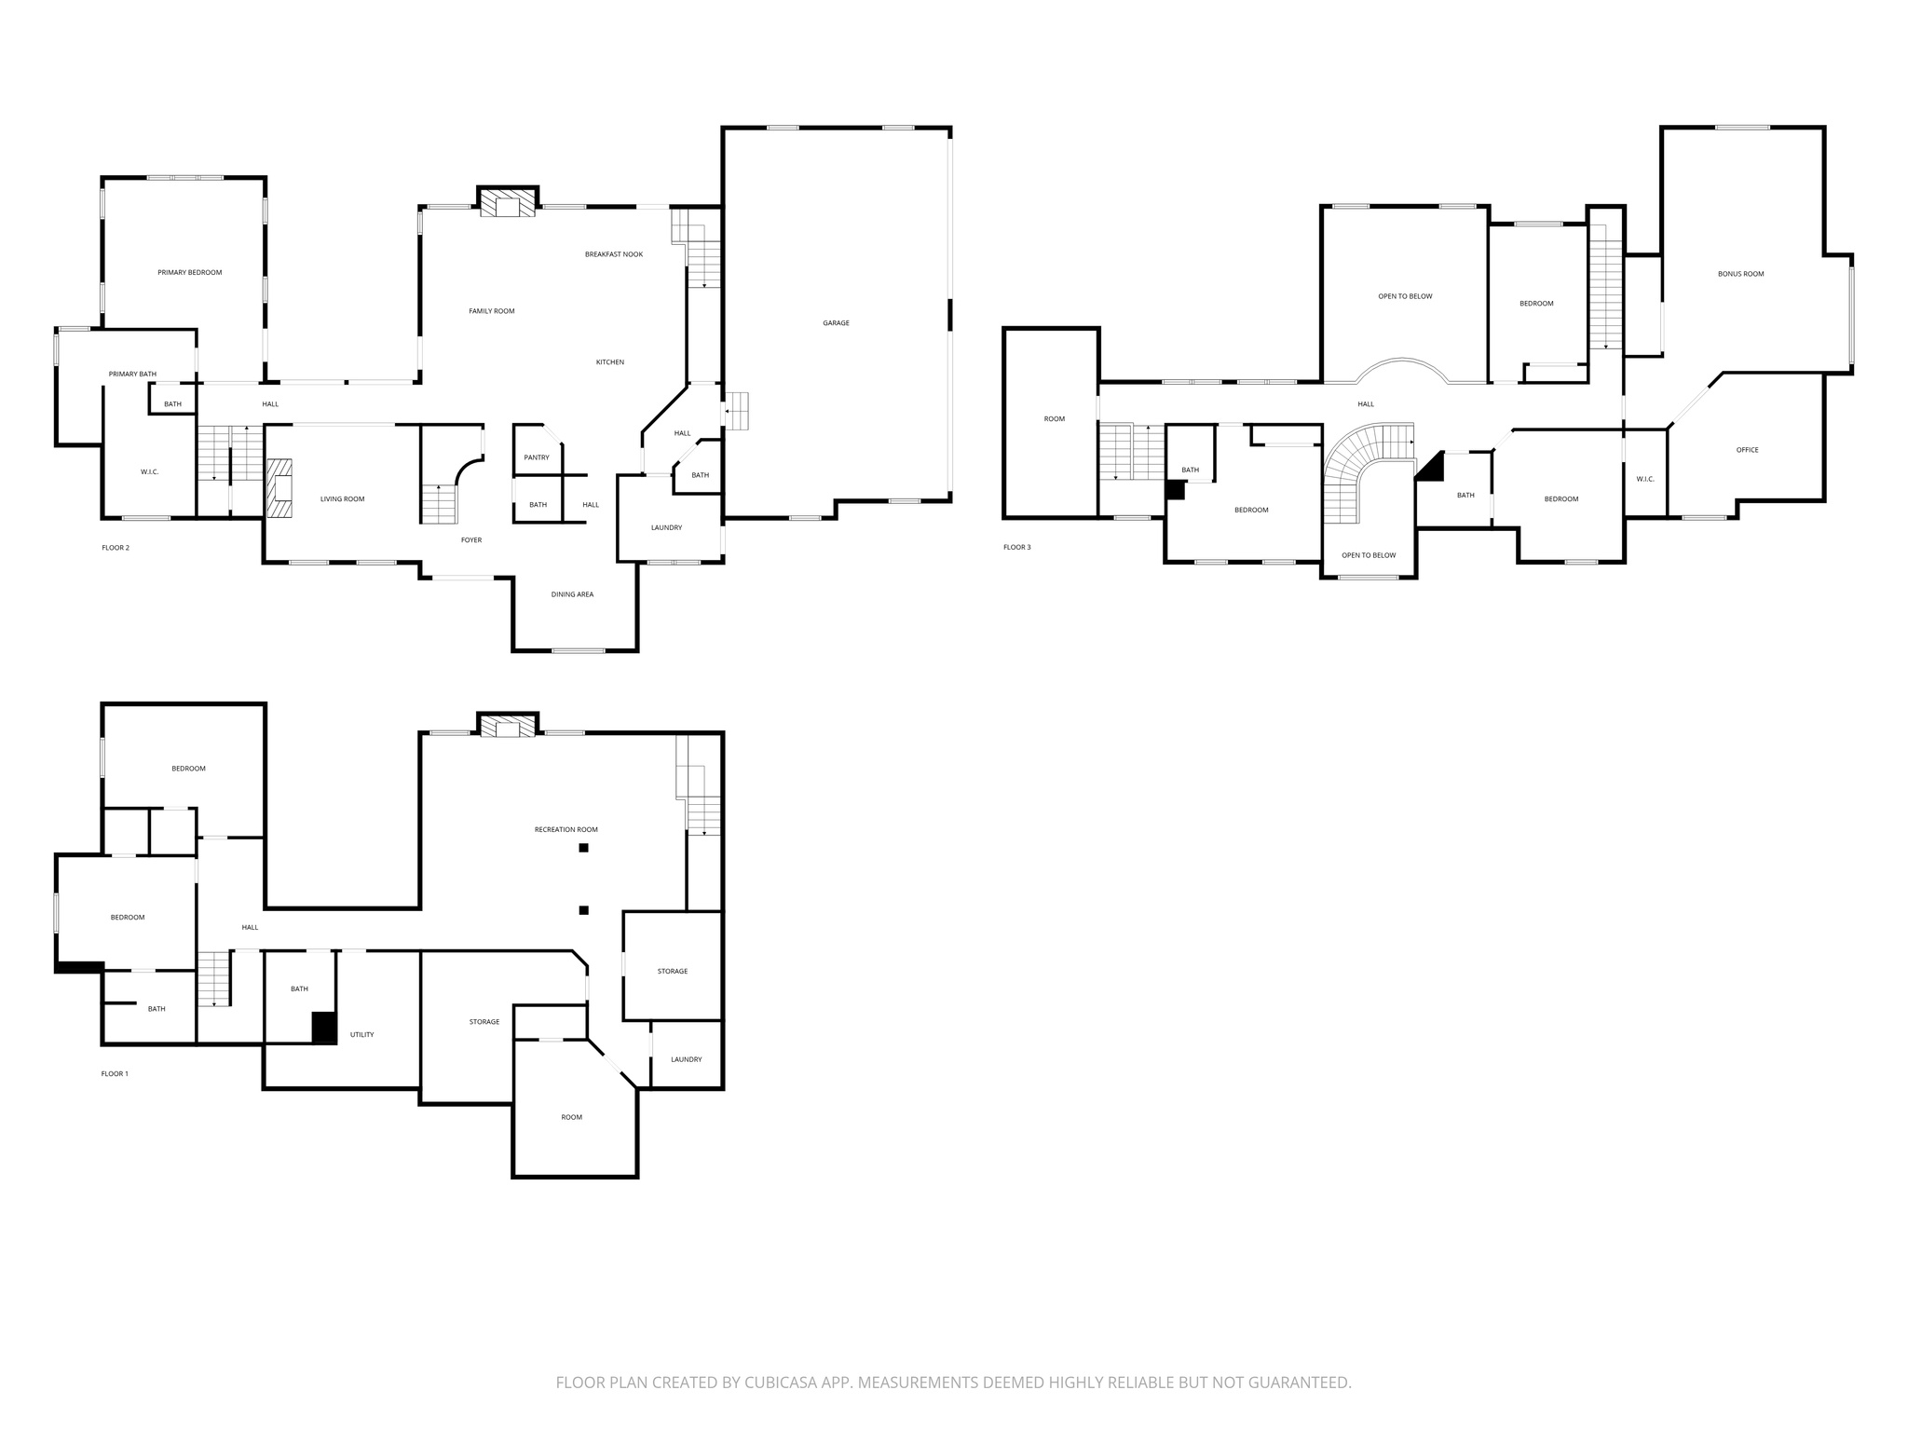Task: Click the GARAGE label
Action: (x=836, y=323)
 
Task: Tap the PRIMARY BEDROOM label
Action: (x=189, y=272)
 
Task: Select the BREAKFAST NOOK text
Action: (x=613, y=254)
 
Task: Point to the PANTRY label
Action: (x=537, y=457)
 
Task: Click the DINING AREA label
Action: (x=572, y=594)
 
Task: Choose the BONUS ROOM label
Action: (x=1740, y=274)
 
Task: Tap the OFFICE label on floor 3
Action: (x=1747, y=450)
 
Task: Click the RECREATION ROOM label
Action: (x=566, y=829)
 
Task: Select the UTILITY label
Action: (x=361, y=1034)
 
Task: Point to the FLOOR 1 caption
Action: (x=115, y=1073)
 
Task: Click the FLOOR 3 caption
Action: (x=1016, y=547)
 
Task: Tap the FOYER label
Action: (x=471, y=540)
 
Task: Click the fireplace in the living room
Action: (x=279, y=488)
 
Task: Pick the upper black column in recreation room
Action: (x=583, y=848)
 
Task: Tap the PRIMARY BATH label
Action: (x=132, y=374)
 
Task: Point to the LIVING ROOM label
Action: (x=342, y=499)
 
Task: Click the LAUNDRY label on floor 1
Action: (x=686, y=1059)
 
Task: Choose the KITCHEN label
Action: (x=610, y=362)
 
